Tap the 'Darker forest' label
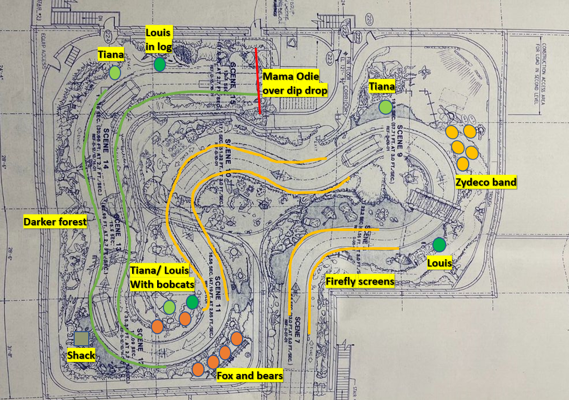55,222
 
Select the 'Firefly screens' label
360,282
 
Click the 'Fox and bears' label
250,375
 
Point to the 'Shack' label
81,355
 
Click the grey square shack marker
81,339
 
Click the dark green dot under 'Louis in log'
160,65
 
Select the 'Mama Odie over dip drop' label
295,83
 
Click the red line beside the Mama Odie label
258,81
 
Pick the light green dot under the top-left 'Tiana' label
115,73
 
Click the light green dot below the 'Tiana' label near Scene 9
385,107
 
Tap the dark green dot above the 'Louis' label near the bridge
439,244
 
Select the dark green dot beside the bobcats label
193,301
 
